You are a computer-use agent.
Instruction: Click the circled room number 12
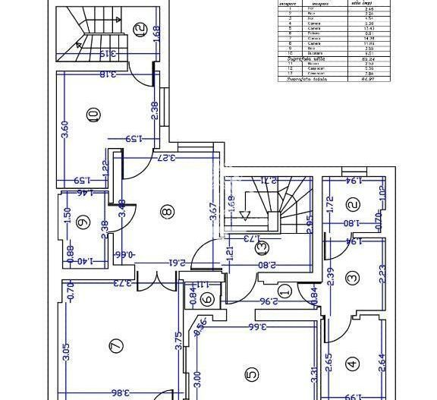pos(139,30)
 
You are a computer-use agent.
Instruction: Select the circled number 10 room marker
pos(93,115)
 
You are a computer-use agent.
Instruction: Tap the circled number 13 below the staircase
pos(263,247)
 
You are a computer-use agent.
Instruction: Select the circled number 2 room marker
pos(352,204)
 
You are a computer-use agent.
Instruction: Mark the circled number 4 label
pos(352,364)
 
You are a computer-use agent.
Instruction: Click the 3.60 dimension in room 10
pos(65,129)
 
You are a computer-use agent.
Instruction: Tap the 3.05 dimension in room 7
pos(66,351)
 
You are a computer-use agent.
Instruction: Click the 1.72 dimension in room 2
pos(329,204)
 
